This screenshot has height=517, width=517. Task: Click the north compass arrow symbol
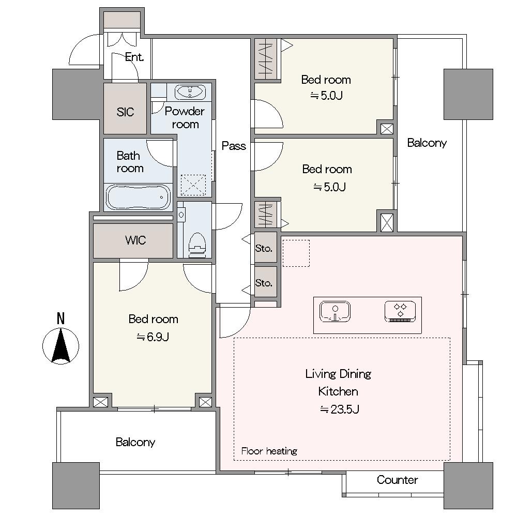click(x=61, y=346)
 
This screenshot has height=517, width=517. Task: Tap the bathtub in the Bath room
click(x=138, y=197)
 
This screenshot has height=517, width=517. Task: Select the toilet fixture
click(x=197, y=245)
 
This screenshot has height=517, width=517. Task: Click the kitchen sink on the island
click(x=335, y=312)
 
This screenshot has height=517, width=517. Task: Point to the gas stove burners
click(x=400, y=312)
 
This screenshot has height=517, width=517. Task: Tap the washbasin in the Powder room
click(x=190, y=92)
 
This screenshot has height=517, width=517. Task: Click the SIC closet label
click(x=125, y=112)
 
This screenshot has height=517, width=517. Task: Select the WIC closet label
click(x=135, y=240)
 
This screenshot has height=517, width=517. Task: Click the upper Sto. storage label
click(x=264, y=248)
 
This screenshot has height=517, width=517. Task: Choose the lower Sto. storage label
click(x=264, y=283)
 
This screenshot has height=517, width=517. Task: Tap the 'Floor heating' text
click(x=269, y=451)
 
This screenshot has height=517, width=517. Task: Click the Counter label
click(x=397, y=479)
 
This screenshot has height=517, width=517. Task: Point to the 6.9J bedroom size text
click(x=153, y=337)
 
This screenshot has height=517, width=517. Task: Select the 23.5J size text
click(x=339, y=409)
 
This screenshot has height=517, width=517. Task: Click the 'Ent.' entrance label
click(x=134, y=57)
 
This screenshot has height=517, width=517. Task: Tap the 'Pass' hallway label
click(x=234, y=146)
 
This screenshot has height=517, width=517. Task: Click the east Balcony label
click(x=427, y=143)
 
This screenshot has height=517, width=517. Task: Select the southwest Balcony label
click(x=135, y=442)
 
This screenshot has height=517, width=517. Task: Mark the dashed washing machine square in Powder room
click(x=193, y=185)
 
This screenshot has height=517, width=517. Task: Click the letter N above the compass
click(x=60, y=319)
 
